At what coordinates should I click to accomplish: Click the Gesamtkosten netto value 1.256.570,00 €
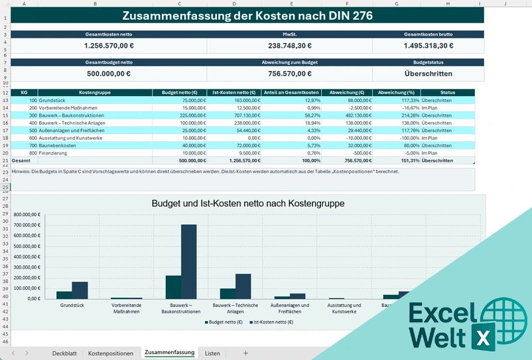click(x=109, y=46)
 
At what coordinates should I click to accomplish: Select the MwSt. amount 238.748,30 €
click(x=289, y=46)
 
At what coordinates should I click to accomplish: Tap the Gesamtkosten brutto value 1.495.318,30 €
click(x=428, y=46)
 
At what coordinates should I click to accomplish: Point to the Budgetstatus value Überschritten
click(x=428, y=74)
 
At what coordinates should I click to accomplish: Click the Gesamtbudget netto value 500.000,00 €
click(x=109, y=74)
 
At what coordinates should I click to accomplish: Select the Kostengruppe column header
click(x=95, y=93)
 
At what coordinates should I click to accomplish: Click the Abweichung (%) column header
click(x=396, y=93)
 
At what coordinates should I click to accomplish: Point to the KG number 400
click(x=33, y=123)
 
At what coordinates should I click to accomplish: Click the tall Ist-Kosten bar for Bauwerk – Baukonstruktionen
click(x=189, y=262)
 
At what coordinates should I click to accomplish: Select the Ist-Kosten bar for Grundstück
click(x=80, y=290)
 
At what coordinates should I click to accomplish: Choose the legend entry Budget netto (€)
click(x=226, y=322)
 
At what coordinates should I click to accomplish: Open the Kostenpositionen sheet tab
click(x=110, y=353)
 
